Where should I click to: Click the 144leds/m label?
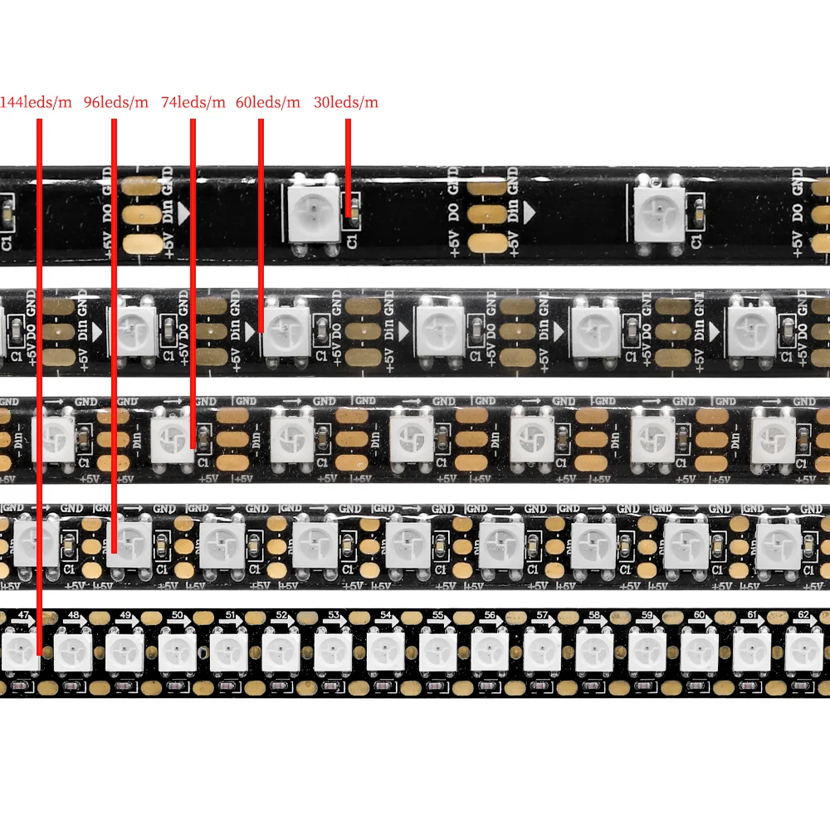click(37, 103)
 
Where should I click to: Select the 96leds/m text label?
click(116, 103)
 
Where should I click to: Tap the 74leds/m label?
click(193, 103)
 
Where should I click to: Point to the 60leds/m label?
click(268, 103)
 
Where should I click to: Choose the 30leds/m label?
click(346, 103)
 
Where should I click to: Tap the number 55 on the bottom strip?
click(439, 615)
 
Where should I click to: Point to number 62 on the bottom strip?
click(804, 615)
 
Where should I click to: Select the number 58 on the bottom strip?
click(595, 615)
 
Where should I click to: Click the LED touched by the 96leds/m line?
click(128, 542)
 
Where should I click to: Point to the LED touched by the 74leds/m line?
click(173, 437)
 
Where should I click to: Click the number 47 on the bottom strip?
click(23, 615)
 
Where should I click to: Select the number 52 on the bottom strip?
click(282, 615)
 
